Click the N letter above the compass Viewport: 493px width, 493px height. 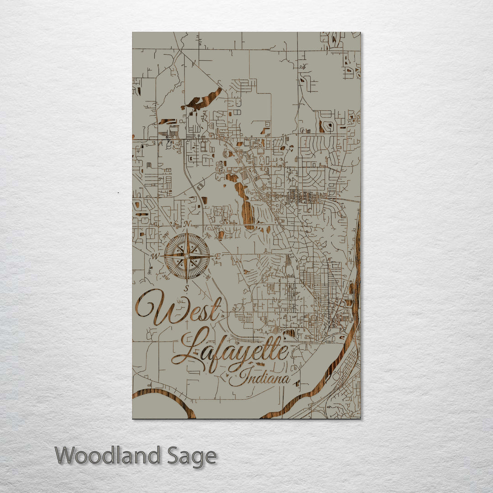(187, 224)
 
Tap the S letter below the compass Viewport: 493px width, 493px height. (186, 288)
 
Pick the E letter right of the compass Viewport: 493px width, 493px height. (218, 257)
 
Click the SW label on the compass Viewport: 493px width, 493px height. (165, 277)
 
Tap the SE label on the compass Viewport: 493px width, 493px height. (208, 277)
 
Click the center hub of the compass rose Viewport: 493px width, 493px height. (187, 257)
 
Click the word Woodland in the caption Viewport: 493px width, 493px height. (108, 456)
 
